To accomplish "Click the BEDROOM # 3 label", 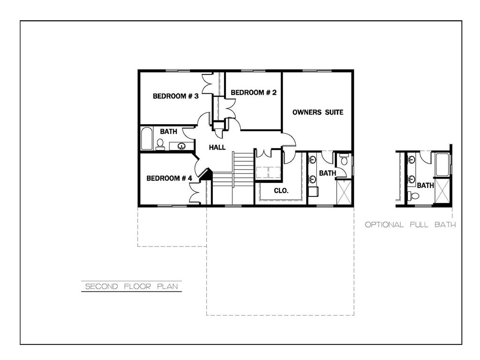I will [x=176, y=96].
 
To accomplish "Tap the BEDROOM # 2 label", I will [x=254, y=92].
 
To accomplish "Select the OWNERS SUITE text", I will [x=318, y=112].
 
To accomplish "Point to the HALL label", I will [x=217, y=147].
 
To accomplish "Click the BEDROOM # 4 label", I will [x=169, y=178].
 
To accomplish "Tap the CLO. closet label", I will [x=281, y=191].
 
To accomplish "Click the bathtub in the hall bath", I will [x=147, y=138].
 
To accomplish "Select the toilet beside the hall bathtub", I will [x=160, y=143].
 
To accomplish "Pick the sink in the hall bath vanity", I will [x=181, y=146].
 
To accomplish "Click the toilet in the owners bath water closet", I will [x=345, y=161].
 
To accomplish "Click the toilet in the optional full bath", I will [x=411, y=195].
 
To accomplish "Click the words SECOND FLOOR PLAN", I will [x=132, y=286].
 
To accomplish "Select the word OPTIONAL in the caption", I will [x=384, y=225].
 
